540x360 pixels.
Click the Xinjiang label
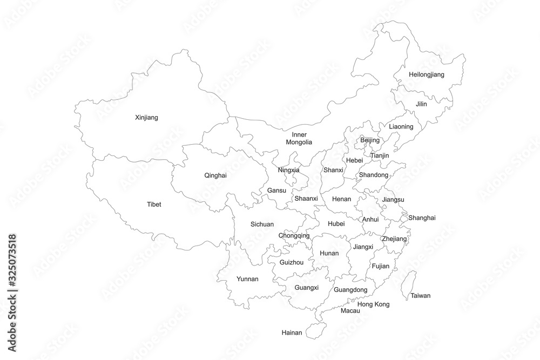(146, 117)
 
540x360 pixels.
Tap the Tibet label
(154, 205)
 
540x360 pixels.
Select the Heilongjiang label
(426, 74)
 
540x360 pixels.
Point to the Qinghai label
(215, 175)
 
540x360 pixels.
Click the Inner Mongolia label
(299, 138)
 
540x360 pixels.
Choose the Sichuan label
(262, 224)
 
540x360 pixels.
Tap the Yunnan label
(247, 279)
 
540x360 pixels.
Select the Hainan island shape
(314, 330)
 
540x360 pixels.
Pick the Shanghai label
(422, 218)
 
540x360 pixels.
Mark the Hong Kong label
(373, 304)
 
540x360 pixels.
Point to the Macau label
(350, 311)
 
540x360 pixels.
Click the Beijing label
(370, 140)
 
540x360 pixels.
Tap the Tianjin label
(380, 155)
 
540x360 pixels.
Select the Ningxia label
(288, 170)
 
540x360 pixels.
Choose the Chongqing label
(294, 236)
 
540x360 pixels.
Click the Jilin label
(421, 104)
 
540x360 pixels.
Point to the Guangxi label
(306, 287)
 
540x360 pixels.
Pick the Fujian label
(380, 266)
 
